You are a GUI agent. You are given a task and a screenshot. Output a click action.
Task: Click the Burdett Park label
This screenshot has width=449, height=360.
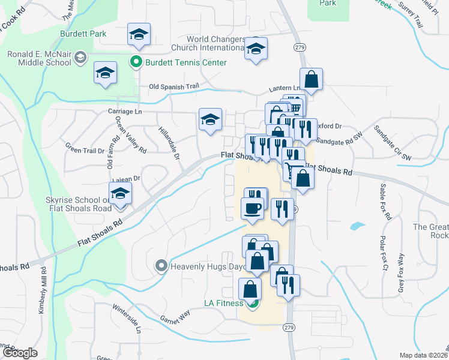click(x=82, y=34)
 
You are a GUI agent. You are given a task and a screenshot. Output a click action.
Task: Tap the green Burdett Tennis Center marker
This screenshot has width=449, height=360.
click(x=136, y=62)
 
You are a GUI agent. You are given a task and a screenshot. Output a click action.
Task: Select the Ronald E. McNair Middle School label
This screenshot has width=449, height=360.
click(x=40, y=59)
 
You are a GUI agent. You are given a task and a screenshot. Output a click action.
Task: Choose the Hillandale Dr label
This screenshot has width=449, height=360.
click(x=169, y=142)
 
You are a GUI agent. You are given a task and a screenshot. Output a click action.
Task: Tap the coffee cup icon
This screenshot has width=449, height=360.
click(x=253, y=208)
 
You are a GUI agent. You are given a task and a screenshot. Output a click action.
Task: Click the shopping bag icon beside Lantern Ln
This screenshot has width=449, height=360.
click(x=311, y=79)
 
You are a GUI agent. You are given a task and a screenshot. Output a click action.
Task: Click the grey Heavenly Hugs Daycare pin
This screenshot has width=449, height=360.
click(x=161, y=265)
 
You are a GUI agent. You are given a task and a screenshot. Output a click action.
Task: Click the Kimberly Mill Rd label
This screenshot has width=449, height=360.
click(x=42, y=299)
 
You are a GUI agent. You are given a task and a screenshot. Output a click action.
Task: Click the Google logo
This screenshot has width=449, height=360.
click(x=20, y=353)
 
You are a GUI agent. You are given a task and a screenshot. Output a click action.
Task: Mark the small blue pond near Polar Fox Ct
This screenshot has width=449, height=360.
click(x=357, y=227)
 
